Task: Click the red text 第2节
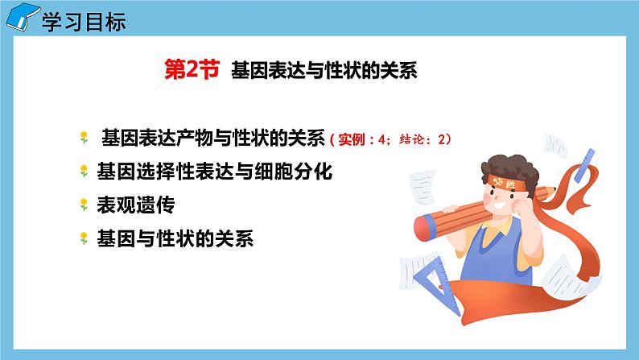point(191,71)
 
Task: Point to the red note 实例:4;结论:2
point(391,139)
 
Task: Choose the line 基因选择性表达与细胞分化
point(213,172)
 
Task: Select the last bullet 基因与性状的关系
point(175,238)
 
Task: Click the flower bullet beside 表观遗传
point(84,205)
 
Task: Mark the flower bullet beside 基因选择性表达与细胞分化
point(84,172)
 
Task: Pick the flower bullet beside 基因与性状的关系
point(84,239)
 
